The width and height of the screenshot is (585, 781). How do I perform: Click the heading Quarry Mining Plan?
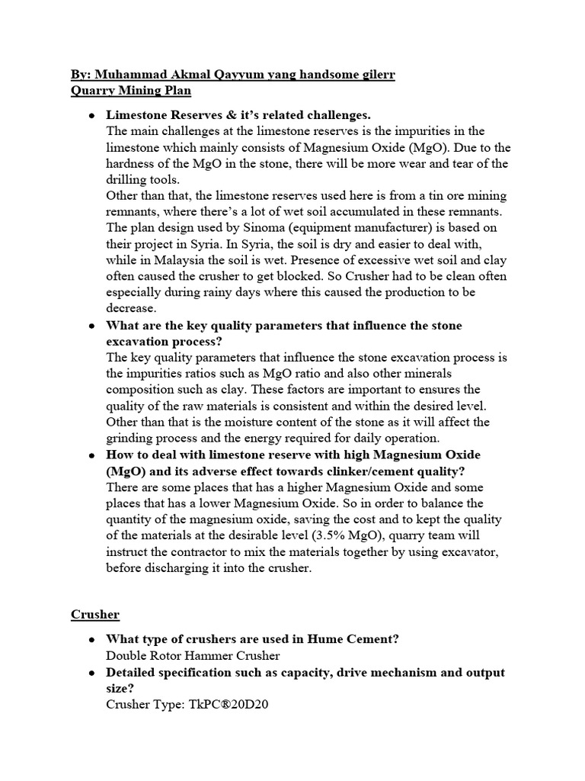tap(130, 92)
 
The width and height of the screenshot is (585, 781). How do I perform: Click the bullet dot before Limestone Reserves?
tap(91, 115)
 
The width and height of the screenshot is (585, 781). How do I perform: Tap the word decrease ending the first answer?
tap(130, 308)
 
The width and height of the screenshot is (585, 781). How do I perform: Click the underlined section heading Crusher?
tap(95, 614)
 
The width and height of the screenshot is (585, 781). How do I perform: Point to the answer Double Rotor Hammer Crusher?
tap(193, 655)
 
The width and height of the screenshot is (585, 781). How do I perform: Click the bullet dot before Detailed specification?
tap(91, 673)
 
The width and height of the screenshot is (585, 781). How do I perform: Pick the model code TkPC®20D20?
tap(228, 704)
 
